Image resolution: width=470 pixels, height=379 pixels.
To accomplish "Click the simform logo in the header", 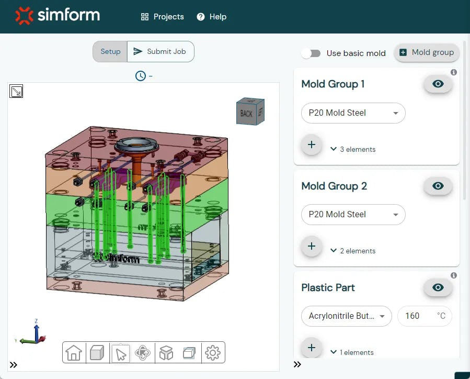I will click(58, 16).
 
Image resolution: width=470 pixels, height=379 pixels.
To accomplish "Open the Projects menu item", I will click(163, 17).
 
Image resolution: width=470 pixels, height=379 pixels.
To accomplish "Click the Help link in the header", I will click(212, 17).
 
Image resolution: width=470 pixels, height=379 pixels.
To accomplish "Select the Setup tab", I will click(110, 51).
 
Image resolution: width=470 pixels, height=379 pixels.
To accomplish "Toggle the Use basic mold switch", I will click(311, 53).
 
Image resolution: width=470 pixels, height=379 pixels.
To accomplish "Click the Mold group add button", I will click(427, 52).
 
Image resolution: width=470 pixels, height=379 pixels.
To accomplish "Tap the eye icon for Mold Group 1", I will click(438, 84).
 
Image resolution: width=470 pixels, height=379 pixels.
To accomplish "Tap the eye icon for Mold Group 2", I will click(438, 186).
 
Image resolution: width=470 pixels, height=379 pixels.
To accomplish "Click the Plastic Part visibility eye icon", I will click(438, 287).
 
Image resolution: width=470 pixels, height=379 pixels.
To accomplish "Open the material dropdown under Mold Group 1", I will click(353, 113).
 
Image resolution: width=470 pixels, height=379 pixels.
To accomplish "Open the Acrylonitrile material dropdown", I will click(346, 316).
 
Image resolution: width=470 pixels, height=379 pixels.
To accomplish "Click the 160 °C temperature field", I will click(424, 316).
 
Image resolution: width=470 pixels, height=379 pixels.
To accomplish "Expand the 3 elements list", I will click(353, 149).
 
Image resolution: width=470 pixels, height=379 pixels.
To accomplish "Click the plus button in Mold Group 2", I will click(312, 246).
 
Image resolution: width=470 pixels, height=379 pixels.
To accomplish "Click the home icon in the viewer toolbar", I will click(74, 353).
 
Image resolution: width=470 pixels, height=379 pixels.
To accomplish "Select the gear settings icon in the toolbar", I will click(212, 353).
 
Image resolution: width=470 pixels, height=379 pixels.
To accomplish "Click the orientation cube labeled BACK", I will click(247, 113).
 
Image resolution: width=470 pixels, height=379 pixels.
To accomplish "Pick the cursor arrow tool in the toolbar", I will click(121, 354).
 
